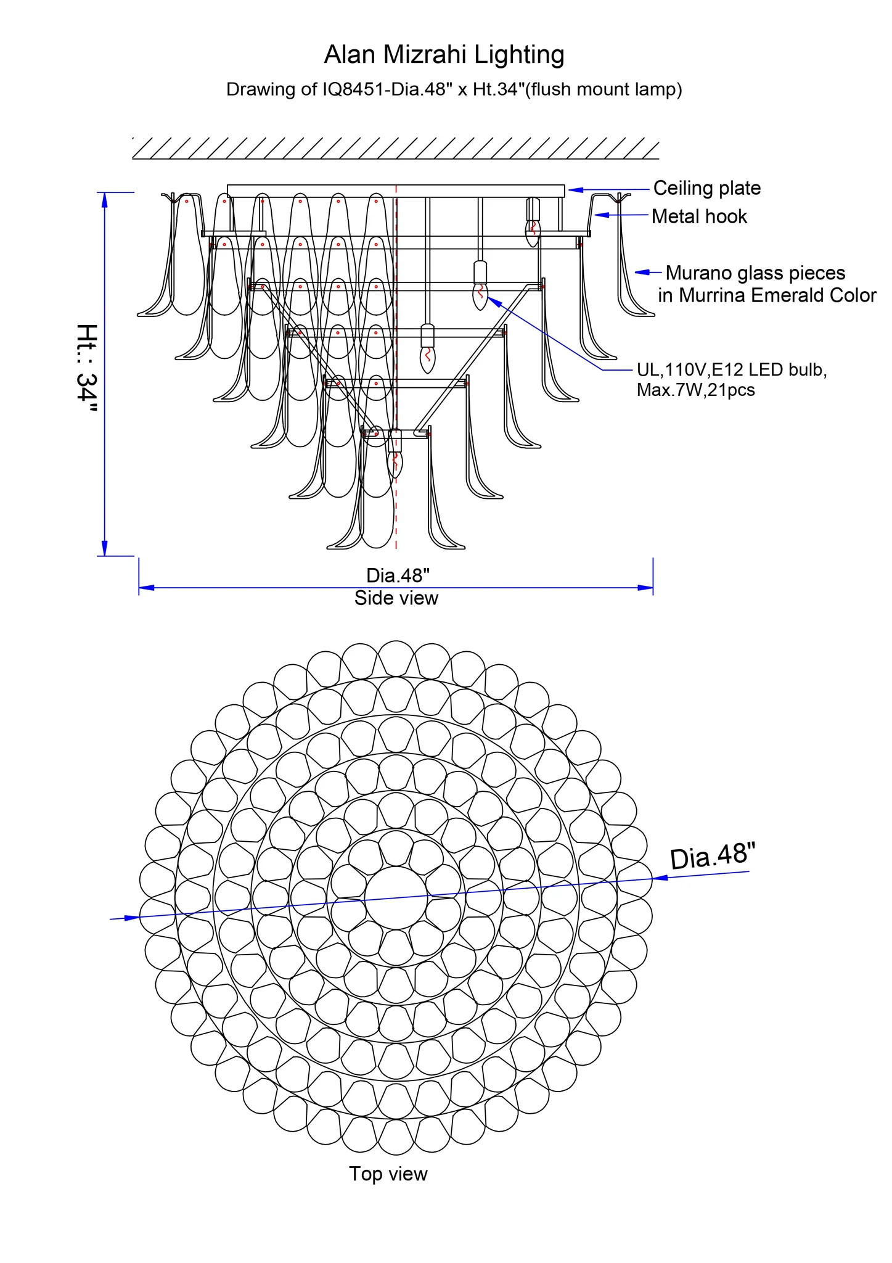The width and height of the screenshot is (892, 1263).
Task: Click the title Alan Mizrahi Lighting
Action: point(444,55)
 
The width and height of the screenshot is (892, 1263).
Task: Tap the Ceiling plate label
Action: point(706,188)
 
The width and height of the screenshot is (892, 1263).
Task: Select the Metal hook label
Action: point(699,216)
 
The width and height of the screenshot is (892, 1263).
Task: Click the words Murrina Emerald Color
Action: point(777,295)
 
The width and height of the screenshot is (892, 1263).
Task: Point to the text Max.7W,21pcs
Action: point(695,390)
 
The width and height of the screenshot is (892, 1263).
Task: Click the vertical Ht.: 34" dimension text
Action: point(87,370)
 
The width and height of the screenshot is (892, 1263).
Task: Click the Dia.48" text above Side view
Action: point(398,575)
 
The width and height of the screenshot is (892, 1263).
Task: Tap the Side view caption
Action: point(396,598)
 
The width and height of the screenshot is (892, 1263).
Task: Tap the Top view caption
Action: point(388,1174)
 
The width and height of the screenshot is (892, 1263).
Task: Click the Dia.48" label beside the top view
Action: point(712,857)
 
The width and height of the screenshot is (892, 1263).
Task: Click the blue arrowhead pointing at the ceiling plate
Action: point(575,190)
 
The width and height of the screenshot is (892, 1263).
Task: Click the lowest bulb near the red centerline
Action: point(395,464)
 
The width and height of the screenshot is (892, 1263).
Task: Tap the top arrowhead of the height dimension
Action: point(105,199)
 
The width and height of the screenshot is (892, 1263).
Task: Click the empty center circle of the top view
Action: point(395,897)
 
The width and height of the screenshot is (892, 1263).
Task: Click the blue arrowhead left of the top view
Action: point(131,918)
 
